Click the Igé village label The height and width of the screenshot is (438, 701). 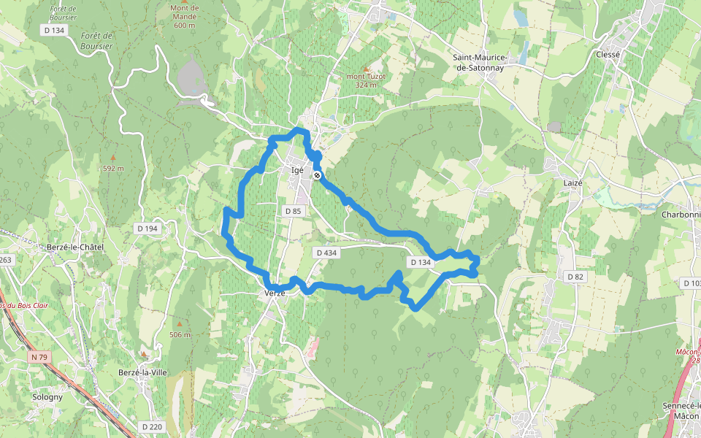coord(297,170)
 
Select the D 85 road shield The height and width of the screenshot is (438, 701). coord(293,211)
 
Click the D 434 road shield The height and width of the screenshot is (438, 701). coord(326,253)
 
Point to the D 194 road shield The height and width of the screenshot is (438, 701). coord(147,228)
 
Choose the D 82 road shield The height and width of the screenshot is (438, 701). coord(575,276)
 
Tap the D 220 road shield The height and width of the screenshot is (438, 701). coord(152,426)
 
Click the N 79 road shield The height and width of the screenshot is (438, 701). coord(39,357)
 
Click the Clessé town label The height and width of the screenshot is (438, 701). coord(608,55)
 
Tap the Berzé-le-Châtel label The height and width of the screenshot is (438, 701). coord(74,247)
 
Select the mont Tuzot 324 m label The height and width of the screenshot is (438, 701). coord(365,80)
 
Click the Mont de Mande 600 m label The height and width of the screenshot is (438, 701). coord(185,17)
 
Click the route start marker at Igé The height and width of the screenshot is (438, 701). coord(317,175)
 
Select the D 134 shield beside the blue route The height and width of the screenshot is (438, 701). coord(421,262)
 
